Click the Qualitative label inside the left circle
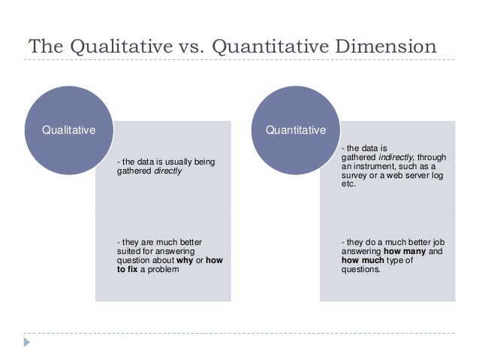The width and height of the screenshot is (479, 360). [69, 129]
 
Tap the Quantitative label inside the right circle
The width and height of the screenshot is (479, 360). [296, 129]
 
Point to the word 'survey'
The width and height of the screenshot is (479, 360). [354, 175]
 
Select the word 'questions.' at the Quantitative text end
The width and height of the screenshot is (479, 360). [361, 268]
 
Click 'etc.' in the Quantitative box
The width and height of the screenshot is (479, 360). [348, 183]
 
